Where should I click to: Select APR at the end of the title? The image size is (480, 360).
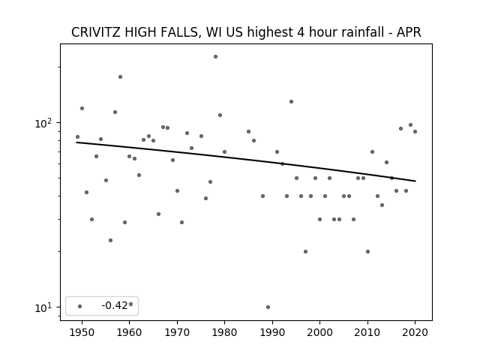click(409, 32)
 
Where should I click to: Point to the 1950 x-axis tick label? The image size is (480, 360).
click(82, 332)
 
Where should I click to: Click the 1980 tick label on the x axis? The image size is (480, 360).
click(224, 332)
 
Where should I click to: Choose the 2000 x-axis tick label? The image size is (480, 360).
click(319, 332)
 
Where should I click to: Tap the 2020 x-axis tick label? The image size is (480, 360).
click(415, 332)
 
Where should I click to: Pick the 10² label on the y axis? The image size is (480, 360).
click(43, 123)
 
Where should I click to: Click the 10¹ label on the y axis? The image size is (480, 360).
click(43, 307)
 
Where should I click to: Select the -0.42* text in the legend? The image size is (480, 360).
click(118, 305)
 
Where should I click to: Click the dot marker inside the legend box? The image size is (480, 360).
click(80, 306)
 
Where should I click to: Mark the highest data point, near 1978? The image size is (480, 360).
click(215, 57)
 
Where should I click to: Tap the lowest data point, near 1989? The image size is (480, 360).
click(268, 307)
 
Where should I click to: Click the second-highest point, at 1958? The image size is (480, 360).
click(120, 76)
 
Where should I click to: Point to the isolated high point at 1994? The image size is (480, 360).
click(292, 102)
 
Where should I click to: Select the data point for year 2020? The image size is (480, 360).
click(415, 132)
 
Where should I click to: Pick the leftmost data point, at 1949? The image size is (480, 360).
click(77, 136)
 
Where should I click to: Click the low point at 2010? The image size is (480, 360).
click(367, 252)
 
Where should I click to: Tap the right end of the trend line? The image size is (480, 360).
click(415, 181)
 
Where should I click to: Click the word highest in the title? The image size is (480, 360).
click(270, 32)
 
